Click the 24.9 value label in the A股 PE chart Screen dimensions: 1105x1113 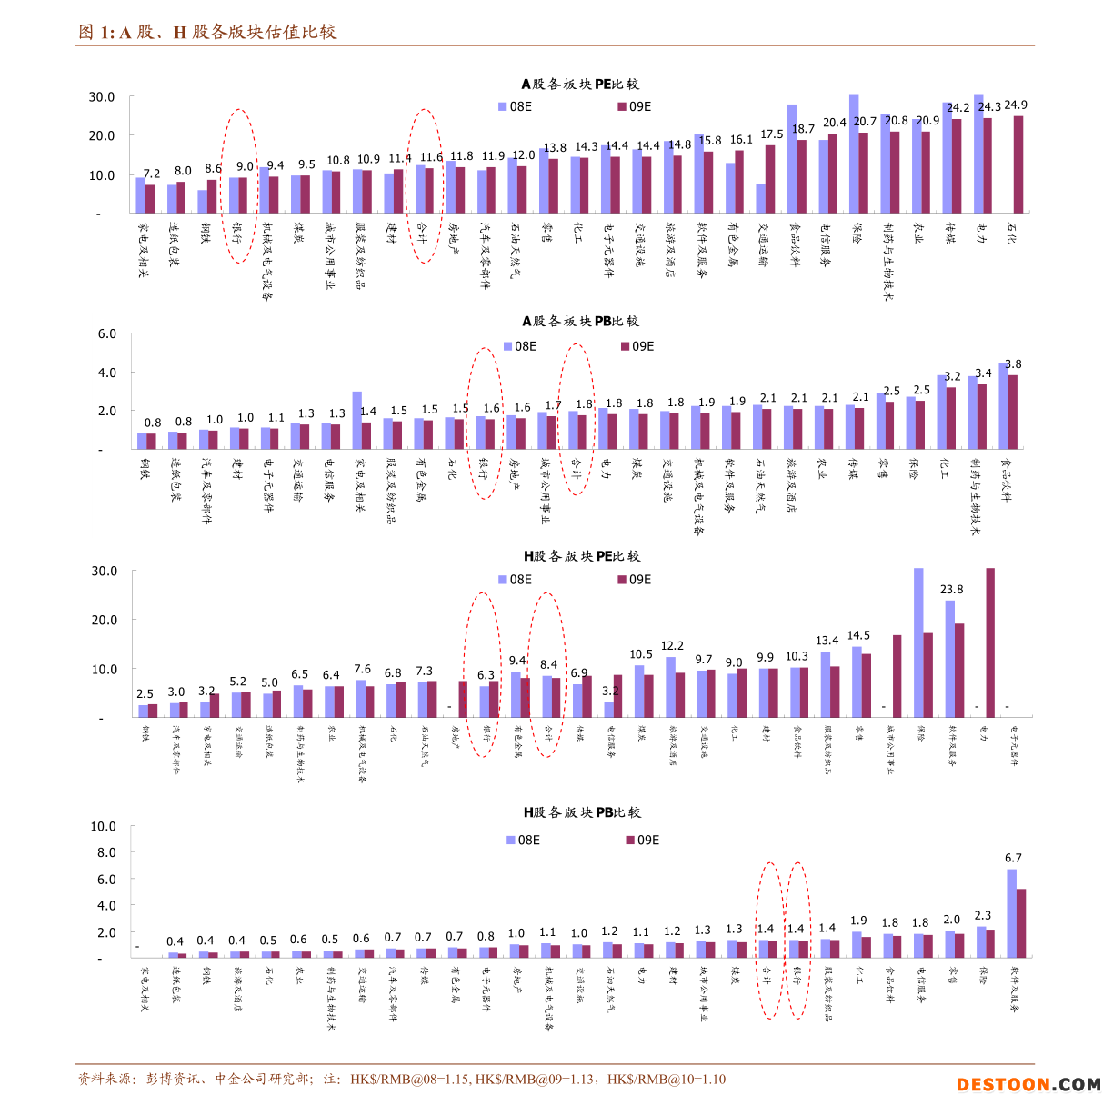point(1016,105)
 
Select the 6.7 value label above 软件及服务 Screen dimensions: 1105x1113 point(1013,858)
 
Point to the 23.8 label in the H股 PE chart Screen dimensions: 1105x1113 point(951,590)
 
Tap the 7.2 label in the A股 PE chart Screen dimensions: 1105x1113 point(152,174)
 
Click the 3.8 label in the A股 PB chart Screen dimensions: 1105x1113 point(1013,364)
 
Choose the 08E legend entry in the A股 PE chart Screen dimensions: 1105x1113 point(515,106)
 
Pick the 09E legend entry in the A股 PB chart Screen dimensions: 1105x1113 point(637,346)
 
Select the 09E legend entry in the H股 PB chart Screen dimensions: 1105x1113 point(642,840)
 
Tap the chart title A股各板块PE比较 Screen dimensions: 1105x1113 point(580,84)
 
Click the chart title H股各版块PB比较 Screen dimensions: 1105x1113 point(582,812)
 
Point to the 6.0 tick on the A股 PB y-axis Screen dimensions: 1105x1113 point(107,333)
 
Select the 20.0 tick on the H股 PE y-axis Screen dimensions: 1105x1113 point(105,620)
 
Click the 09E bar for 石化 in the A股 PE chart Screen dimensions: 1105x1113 point(1018,164)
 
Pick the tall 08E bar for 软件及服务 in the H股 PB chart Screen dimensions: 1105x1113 point(1011,913)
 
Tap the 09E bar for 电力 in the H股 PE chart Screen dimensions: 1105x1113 point(990,642)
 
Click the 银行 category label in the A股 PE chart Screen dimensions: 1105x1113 point(236,233)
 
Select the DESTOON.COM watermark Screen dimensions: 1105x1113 point(1028,1084)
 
